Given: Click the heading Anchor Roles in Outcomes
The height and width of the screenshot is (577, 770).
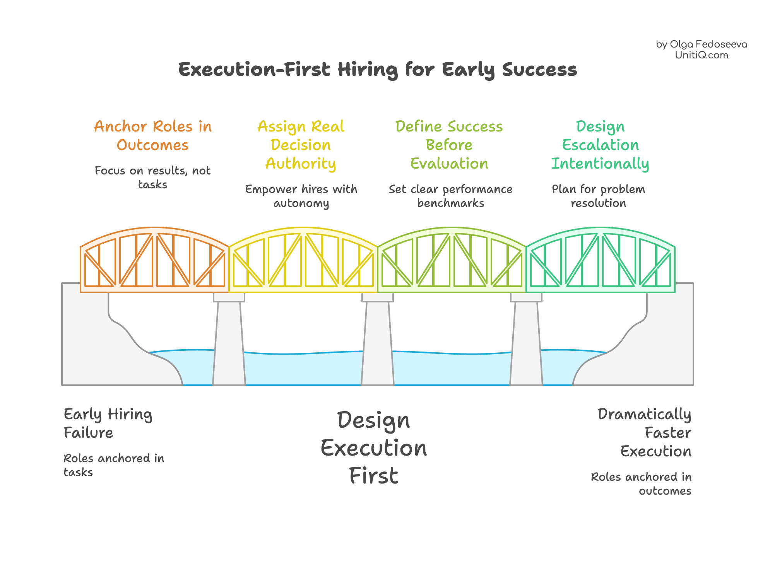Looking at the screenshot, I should tap(153, 136).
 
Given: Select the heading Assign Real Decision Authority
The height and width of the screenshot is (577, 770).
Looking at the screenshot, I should tap(301, 145).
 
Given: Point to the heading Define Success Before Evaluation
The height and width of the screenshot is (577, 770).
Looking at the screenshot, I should tap(449, 145).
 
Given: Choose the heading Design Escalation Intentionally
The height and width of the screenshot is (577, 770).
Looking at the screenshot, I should tap(600, 145).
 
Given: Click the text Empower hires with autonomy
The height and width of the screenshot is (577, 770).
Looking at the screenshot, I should tap(301, 196).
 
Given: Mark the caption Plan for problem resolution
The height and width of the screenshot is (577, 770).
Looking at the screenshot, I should tap(599, 196).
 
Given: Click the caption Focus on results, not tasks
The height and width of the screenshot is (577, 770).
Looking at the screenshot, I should tap(153, 178).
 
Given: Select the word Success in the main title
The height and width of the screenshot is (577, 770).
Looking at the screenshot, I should tap(539, 70).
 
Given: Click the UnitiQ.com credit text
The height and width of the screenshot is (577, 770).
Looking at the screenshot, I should tap(702, 55).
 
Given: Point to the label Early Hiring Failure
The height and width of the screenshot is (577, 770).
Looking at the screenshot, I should tap(108, 423).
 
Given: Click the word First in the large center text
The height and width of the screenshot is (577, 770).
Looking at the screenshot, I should tap(373, 476).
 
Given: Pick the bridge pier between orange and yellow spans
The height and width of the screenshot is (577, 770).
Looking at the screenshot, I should tap(229, 340).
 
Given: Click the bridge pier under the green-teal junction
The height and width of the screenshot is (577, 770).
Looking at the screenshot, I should tap(526, 340).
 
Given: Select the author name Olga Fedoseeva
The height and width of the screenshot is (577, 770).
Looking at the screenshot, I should tap(708, 44).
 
